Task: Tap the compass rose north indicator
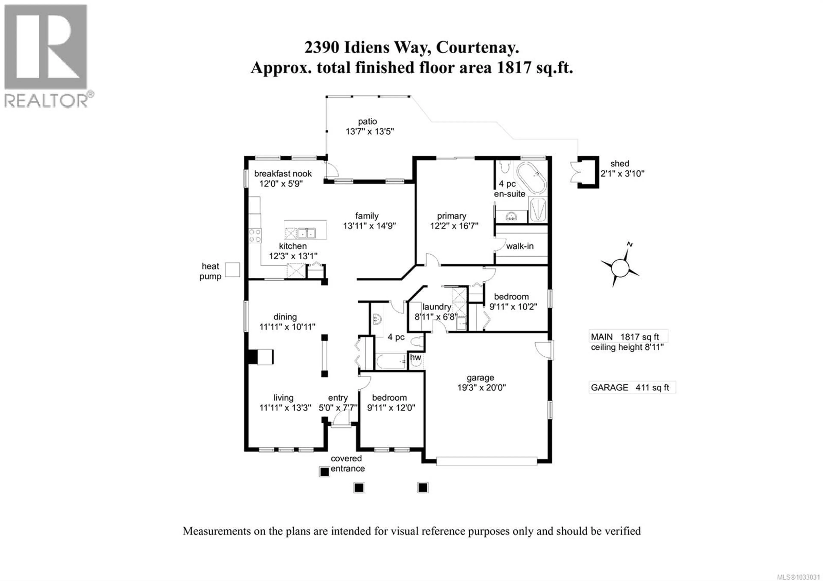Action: [x=629, y=245]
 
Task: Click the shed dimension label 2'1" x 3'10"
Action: [x=622, y=174]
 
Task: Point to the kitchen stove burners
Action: [x=255, y=236]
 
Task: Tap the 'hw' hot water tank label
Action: [x=415, y=357]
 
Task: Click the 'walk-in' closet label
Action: [x=520, y=246]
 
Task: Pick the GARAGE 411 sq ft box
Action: [x=632, y=387]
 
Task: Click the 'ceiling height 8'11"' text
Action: [x=627, y=347]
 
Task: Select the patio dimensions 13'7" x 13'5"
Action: [x=369, y=132]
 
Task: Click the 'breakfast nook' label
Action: [x=283, y=174]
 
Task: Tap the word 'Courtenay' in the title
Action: [x=477, y=47]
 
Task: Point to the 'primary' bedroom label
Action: [x=451, y=216]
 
